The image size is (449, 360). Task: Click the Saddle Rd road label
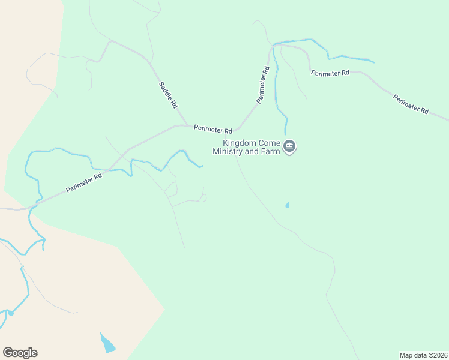pos(168,95)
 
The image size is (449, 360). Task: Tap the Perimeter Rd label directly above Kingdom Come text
pos(213,129)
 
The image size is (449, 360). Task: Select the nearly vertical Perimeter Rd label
pos(263,85)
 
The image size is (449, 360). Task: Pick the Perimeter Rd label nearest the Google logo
pos(85,180)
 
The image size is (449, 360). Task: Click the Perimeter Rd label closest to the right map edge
pos(411,104)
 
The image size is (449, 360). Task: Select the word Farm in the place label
pos(270,152)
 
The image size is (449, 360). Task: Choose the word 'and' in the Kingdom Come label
pos(252,152)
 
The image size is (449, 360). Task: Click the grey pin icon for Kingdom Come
pos(289,146)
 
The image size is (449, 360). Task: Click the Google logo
pos(20,353)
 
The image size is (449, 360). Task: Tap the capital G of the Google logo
pos(8,353)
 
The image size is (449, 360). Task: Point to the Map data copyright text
pos(423,355)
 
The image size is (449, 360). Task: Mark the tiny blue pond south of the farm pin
pos(287,205)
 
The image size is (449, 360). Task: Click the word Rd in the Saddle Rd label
pos(174,104)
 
